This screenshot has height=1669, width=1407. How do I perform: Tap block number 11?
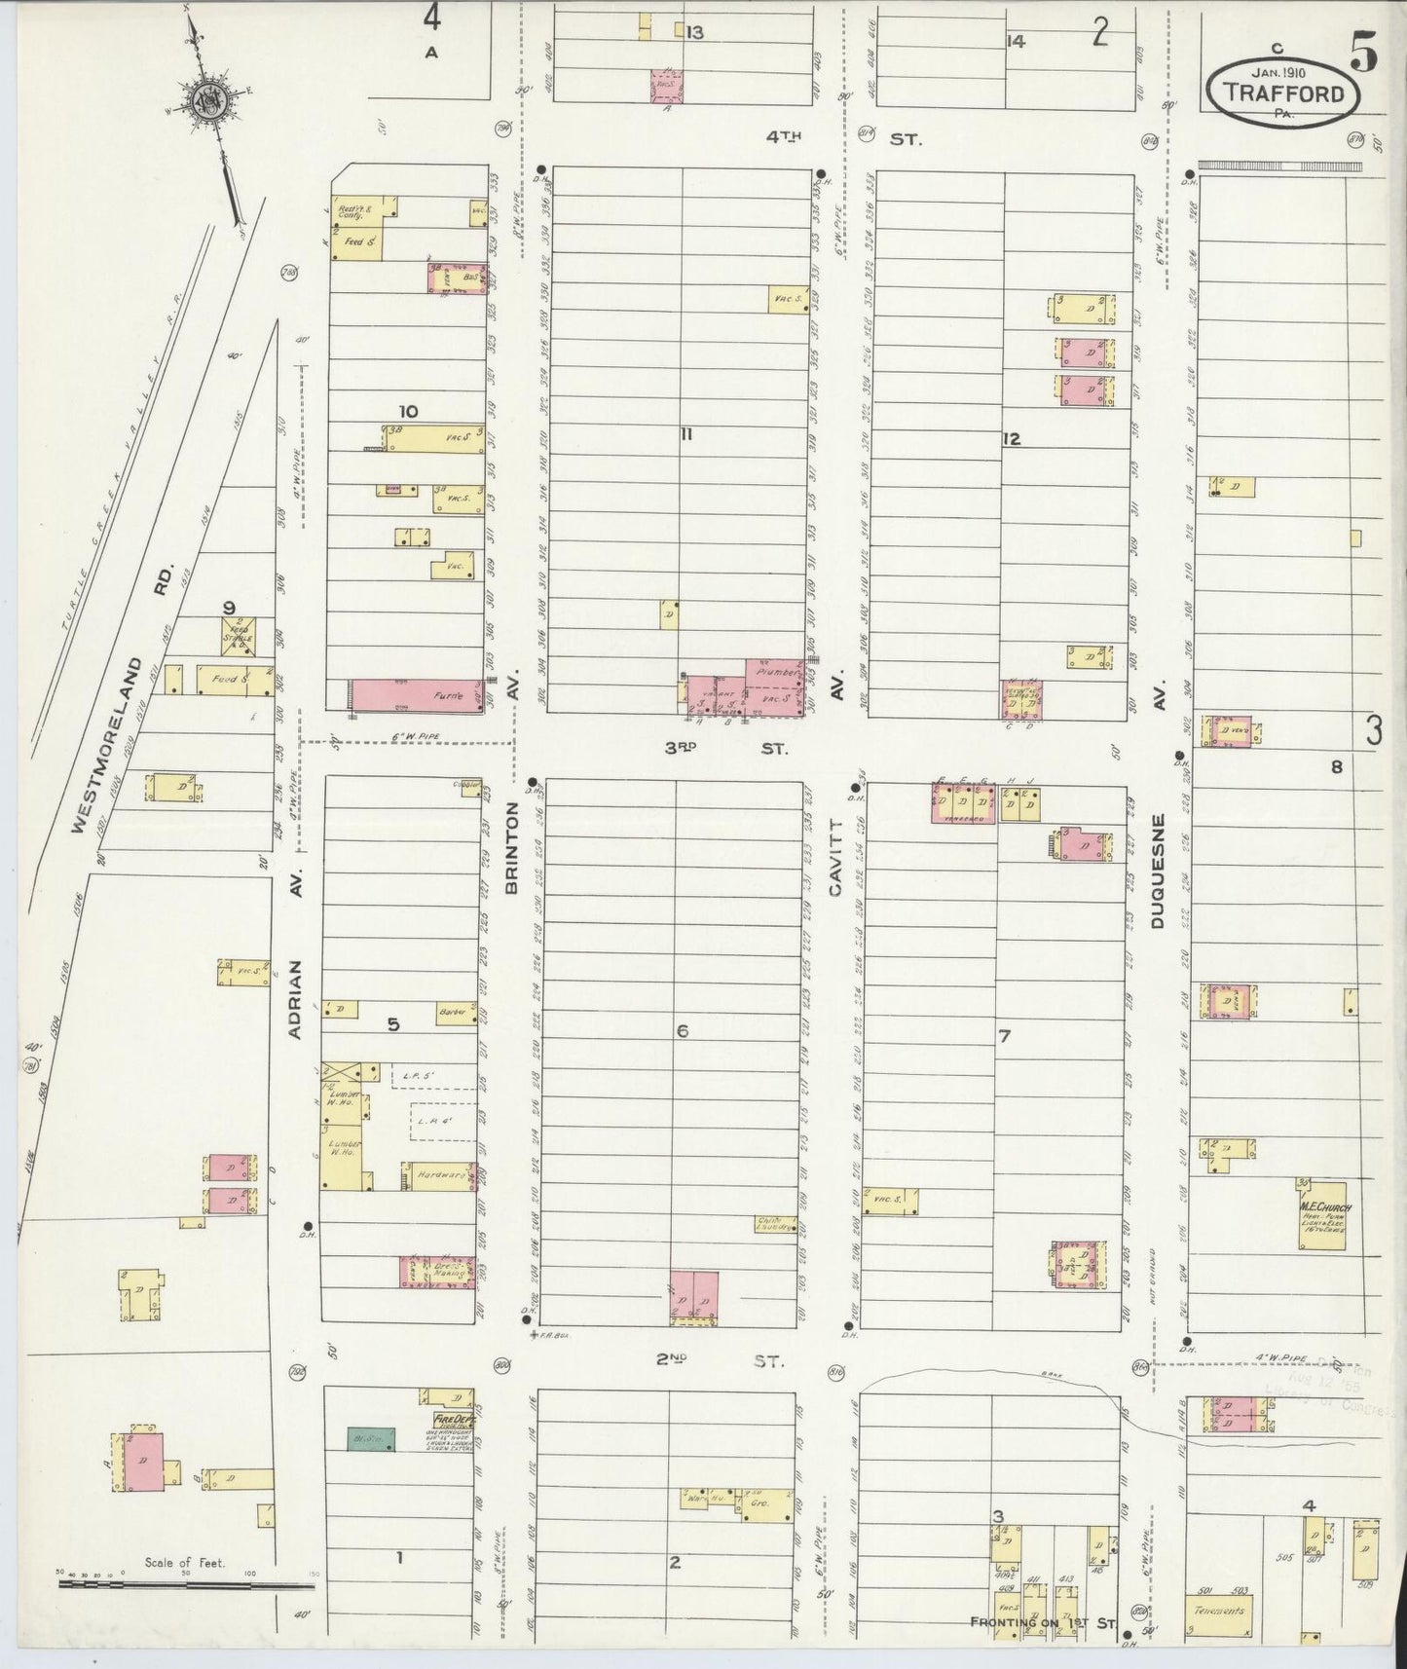[x=685, y=435]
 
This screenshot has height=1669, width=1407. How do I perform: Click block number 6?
[x=682, y=1030]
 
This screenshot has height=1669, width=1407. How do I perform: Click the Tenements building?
[x=1219, y=1611]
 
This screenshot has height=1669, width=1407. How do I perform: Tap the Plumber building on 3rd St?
[x=776, y=671]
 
